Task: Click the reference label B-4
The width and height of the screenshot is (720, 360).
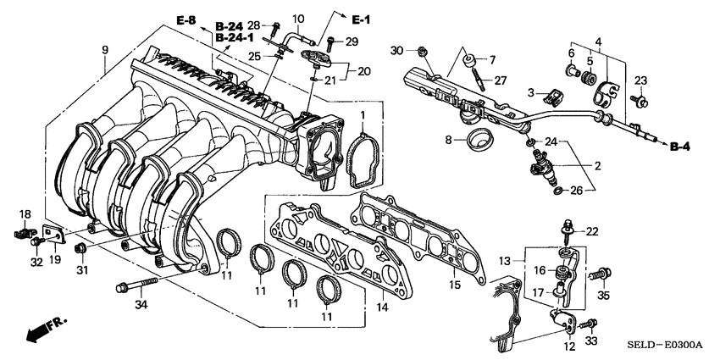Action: coord(680,147)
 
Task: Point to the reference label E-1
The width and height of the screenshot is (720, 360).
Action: coord(361,18)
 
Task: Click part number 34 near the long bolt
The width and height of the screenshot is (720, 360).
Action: coord(141,305)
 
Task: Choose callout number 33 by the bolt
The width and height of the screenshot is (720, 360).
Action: coord(590,340)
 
